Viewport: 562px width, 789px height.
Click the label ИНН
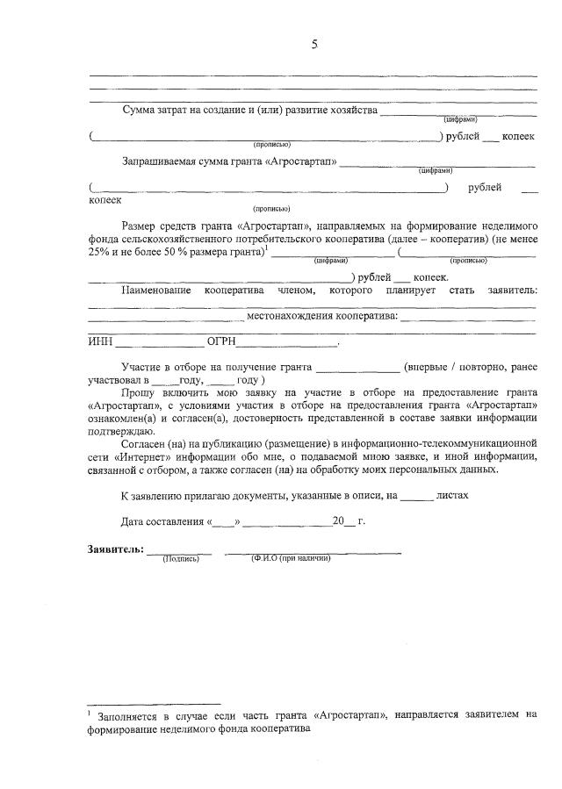click(101, 343)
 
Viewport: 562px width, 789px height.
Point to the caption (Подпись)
click(181, 559)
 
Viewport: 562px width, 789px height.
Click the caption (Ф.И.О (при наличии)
click(290, 559)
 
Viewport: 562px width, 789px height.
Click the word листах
click(452, 495)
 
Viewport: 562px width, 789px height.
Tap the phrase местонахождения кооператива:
click(323, 316)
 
